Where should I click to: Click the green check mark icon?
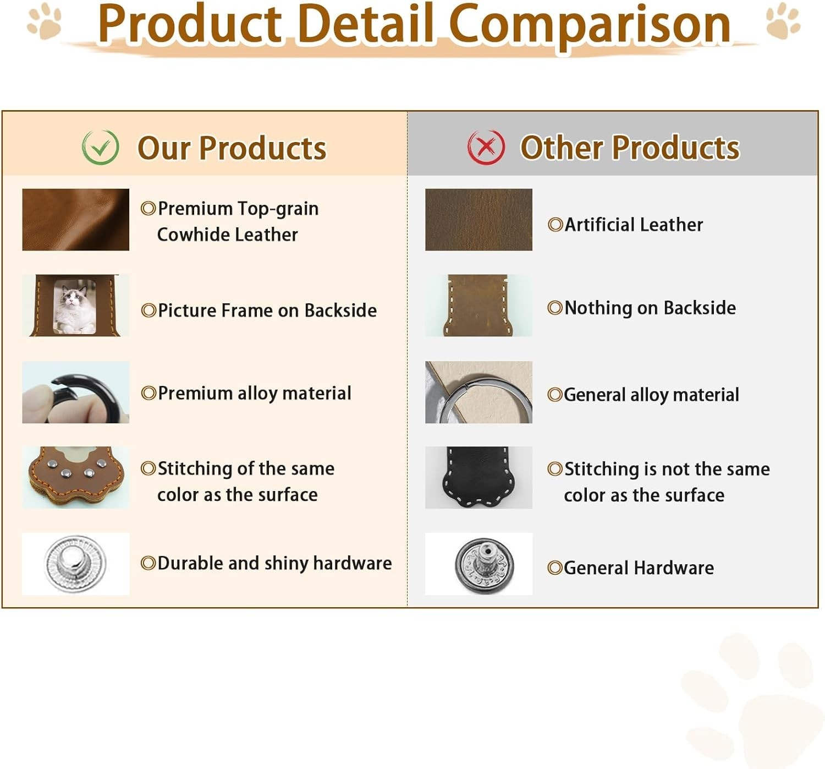click(100, 147)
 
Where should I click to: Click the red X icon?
click(486, 147)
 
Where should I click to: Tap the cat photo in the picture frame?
click(74, 307)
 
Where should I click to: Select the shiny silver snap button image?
click(75, 564)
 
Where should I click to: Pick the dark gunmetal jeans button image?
click(485, 564)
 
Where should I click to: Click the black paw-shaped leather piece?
click(478, 477)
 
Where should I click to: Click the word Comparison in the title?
click(590, 24)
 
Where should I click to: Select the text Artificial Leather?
click(634, 225)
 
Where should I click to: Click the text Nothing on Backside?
click(650, 308)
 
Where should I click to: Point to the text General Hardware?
click(639, 568)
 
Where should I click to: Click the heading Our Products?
click(232, 148)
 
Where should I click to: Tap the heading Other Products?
click(630, 148)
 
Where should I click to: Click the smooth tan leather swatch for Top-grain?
click(75, 220)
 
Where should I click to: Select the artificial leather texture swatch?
click(479, 220)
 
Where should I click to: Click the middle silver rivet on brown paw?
click(66, 473)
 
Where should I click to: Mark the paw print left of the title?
click(44, 21)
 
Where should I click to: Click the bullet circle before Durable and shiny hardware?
click(148, 563)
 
